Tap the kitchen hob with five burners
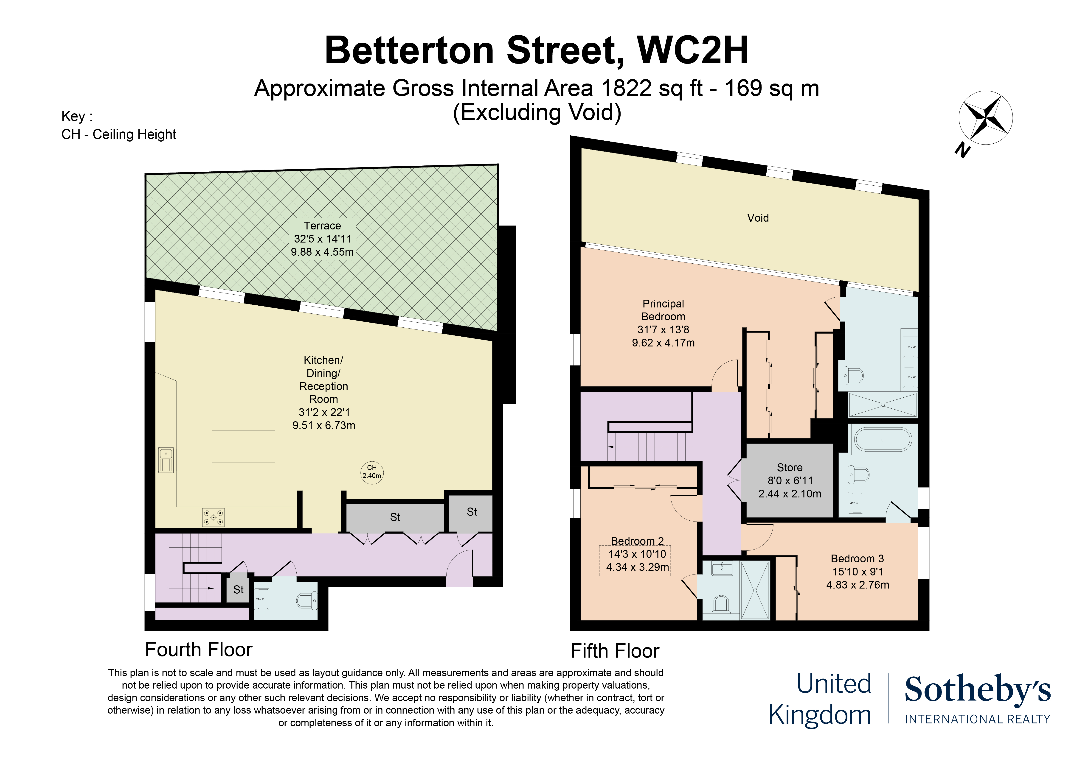coord(213,517)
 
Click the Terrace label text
coord(322,226)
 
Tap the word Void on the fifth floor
coord(758,218)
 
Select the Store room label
coord(790,467)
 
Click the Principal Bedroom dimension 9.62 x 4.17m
coord(663,343)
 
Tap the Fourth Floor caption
coord(199,650)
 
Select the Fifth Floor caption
coord(615,651)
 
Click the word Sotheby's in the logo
coord(978,689)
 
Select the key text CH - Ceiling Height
coord(119,135)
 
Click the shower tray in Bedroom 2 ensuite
coord(755,591)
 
